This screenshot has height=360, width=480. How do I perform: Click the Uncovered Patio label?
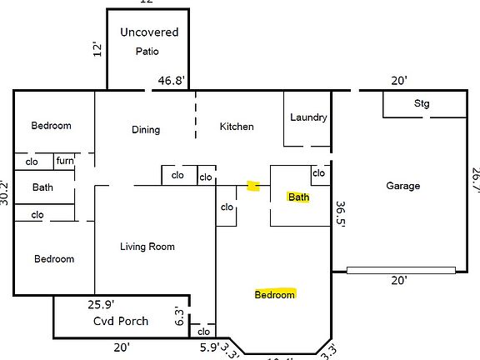pyautogui.click(x=149, y=41)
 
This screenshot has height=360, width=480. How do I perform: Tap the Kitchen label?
pyautogui.click(x=237, y=127)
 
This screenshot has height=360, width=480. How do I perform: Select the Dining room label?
pyautogui.click(x=146, y=129)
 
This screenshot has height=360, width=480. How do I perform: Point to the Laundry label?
pyautogui.click(x=308, y=117)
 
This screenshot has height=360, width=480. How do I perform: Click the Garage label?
pyautogui.click(x=403, y=186)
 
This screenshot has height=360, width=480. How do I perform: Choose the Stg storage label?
pyautogui.click(x=422, y=104)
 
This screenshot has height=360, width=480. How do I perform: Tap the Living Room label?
pyautogui.click(x=147, y=246)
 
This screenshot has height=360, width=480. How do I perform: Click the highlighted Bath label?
pyautogui.click(x=298, y=197)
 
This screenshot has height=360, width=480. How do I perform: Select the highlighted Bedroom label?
pyautogui.click(x=275, y=295)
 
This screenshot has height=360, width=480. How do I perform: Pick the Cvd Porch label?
pyautogui.click(x=121, y=321)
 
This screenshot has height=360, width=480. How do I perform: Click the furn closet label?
pyautogui.click(x=65, y=161)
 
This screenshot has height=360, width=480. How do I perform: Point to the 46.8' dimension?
pyautogui.click(x=172, y=81)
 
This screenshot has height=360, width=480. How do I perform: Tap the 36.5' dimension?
pyautogui.click(x=340, y=212)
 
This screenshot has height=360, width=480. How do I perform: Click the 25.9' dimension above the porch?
pyautogui.click(x=101, y=305)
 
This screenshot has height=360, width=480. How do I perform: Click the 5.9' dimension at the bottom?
pyautogui.click(x=209, y=347)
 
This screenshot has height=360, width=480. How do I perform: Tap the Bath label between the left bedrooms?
pyautogui.click(x=42, y=187)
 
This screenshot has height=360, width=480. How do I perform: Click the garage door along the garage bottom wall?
pyautogui.click(x=401, y=269)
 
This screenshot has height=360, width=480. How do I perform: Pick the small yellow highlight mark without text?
pyautogui.click(x=254, y=186)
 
